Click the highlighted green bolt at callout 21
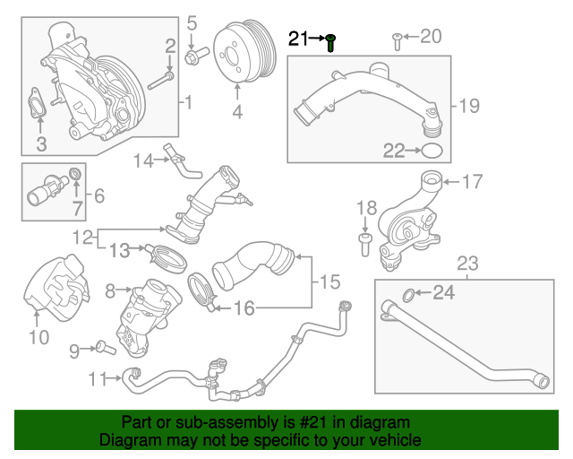pos(330,41)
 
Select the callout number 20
pos(431,37)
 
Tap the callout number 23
pos(468,264)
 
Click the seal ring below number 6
pos(76,173)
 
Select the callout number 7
pos(77,212)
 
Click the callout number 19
pos(469,106)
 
